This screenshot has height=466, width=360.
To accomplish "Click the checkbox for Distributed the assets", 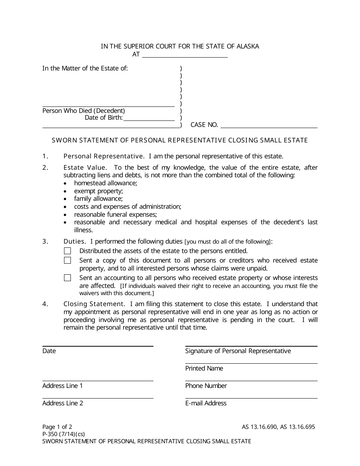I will (67, 251).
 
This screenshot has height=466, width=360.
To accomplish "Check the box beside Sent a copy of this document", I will (67, 260).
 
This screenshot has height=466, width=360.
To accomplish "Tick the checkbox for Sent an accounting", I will (67, 278).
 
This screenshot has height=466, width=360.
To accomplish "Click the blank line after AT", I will (185, 54).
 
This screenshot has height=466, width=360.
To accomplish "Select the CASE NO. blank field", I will (269, 125).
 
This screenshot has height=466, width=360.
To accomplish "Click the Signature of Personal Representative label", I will (238, 351).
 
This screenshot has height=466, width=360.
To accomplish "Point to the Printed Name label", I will (204, 368).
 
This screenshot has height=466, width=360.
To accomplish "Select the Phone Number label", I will (206, 386).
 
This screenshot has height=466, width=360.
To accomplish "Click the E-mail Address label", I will (206, 403).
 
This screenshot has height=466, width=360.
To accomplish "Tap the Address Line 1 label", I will (63, 386).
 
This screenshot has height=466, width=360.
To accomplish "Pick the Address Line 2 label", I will (63, 403).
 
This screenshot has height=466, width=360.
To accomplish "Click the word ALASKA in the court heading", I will (248, 46).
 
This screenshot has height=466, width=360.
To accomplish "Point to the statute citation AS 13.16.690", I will (260, 427).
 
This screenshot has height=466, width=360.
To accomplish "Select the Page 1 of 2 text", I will (57, 427).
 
